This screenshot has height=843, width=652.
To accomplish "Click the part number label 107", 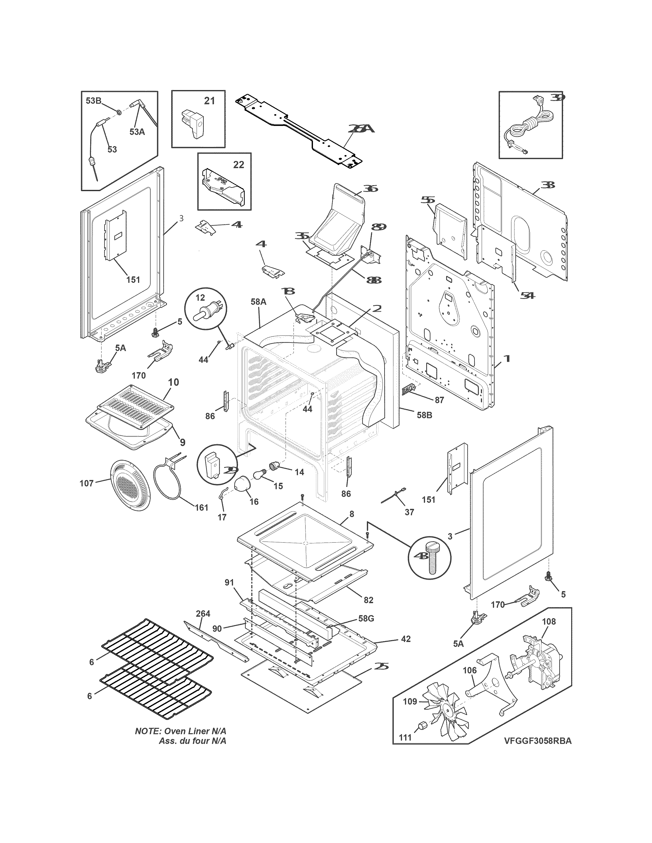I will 86,483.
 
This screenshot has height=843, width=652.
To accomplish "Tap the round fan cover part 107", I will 130,485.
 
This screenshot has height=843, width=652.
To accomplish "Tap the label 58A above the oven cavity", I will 258,302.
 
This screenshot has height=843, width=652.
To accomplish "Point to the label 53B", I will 93,101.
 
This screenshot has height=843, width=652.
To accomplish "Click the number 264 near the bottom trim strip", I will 203,613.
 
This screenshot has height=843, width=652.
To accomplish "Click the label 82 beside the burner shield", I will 368,600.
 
